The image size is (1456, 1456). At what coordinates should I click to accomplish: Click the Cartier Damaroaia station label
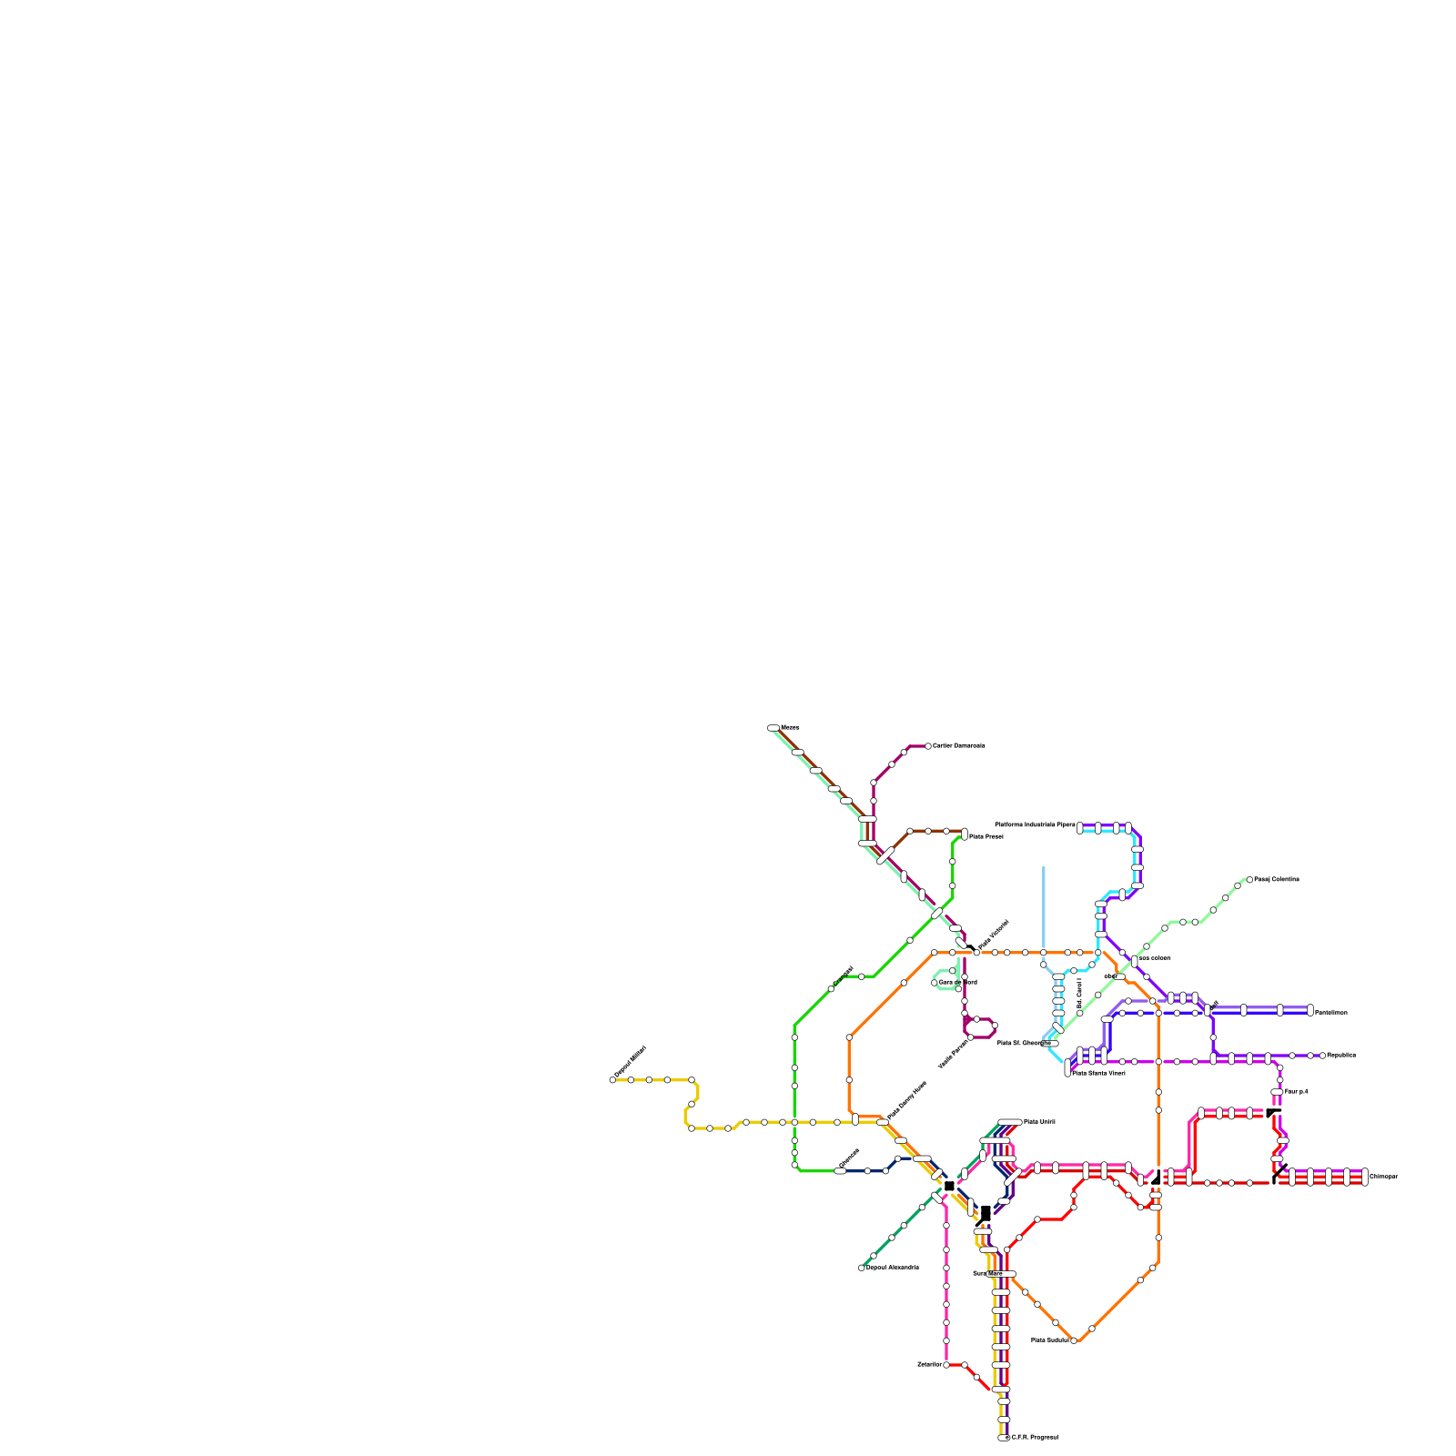[x=959, y=745]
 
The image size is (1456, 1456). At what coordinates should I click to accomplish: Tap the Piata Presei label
[x=986, y=836]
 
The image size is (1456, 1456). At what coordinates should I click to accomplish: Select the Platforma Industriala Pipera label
[x=1035, y=824]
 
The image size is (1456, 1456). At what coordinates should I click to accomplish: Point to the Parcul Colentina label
[x=1277, y=879]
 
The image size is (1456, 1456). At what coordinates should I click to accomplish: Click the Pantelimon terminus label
[x=1330, y=1012]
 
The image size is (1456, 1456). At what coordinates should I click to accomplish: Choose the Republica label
[x=1340, y=1055]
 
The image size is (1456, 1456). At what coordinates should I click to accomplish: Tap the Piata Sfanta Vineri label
[x=1099, y=1073]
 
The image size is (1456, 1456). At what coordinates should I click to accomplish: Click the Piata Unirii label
[x=1038, y=1121]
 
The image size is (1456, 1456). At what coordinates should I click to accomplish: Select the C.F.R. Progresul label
[x=1035, y=1437]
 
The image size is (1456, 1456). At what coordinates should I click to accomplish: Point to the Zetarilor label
[x=929, y=1364]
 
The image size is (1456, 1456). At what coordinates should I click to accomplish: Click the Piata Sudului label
[x=1049, y=1340]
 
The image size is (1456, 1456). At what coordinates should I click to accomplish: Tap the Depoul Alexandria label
[x=892, y=1267]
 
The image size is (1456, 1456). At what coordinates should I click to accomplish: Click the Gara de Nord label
[x=957, y=982]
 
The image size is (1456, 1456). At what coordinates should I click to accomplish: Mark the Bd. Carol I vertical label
[x=1079, y=992]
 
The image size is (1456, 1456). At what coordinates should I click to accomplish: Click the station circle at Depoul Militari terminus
[x=612, y=1080]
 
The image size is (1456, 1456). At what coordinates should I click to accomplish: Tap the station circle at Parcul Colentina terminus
[x=1249, y=879]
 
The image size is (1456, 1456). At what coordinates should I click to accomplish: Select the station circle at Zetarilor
[x=946, y=1365]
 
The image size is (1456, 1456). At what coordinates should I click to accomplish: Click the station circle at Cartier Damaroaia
[x=928, y=746]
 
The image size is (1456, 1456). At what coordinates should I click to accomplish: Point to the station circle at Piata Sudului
[x=1074, y=1340]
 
